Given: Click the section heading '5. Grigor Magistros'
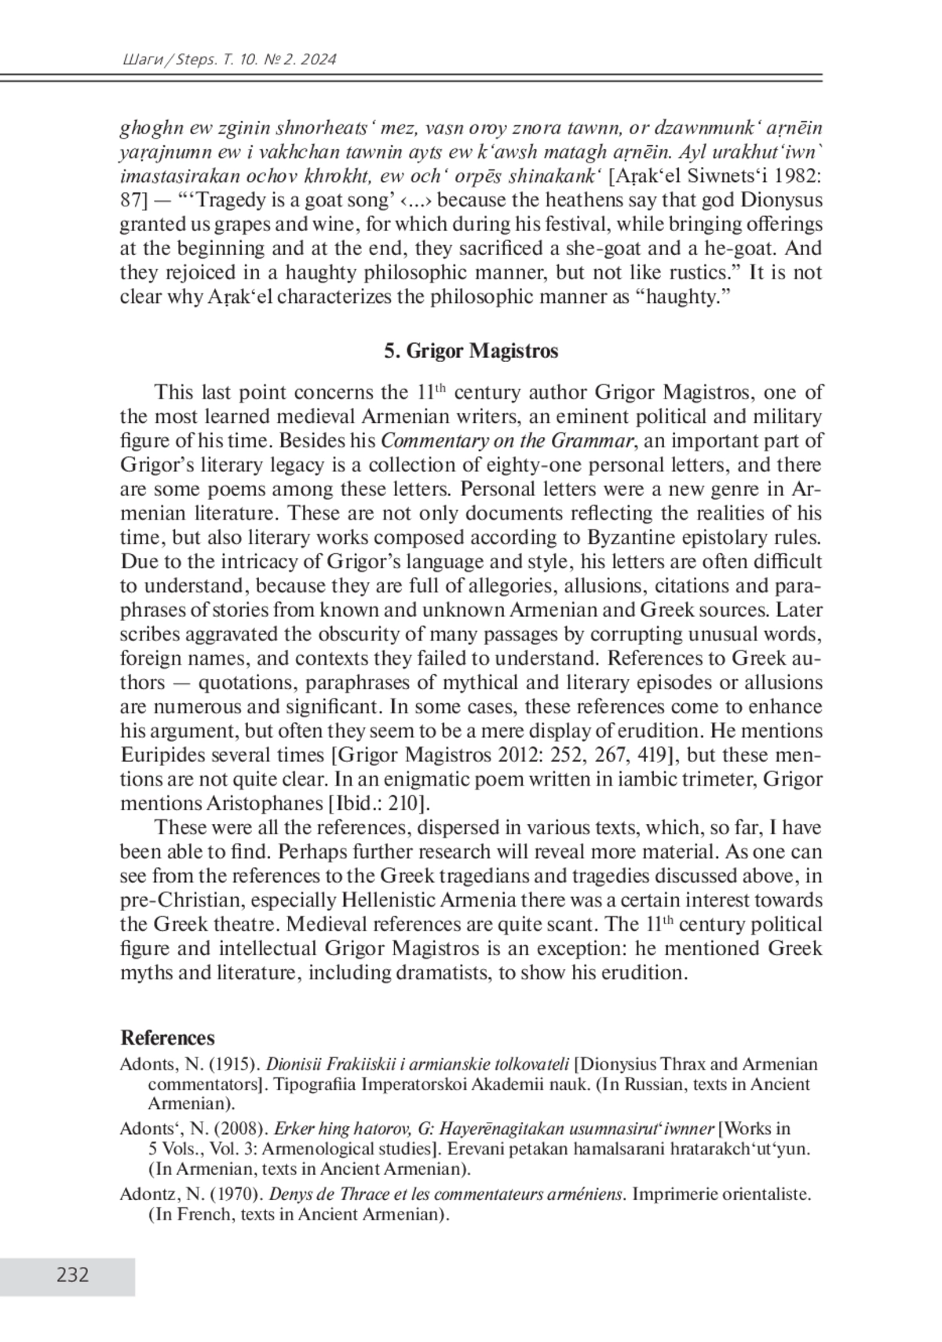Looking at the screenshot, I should click(x=471, y=351).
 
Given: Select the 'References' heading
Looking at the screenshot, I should click(x=167, y=1038).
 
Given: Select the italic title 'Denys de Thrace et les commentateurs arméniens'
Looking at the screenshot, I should click(x=447, y=1194).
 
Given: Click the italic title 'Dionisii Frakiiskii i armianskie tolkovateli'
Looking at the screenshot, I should click(x=418, y=1065).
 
